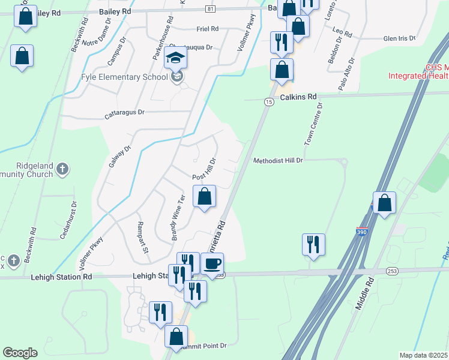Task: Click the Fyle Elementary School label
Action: pos(124,77)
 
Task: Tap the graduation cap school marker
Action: pos(176,58)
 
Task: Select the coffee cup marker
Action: pos(211,264)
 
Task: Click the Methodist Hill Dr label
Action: pos(278,161)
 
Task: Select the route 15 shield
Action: pos(267,103)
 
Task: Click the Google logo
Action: pos(20,353)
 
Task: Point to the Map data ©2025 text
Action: pos(423,355)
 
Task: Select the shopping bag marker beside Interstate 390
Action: pos(384,203)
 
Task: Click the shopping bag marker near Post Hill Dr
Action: pos(204,196)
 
